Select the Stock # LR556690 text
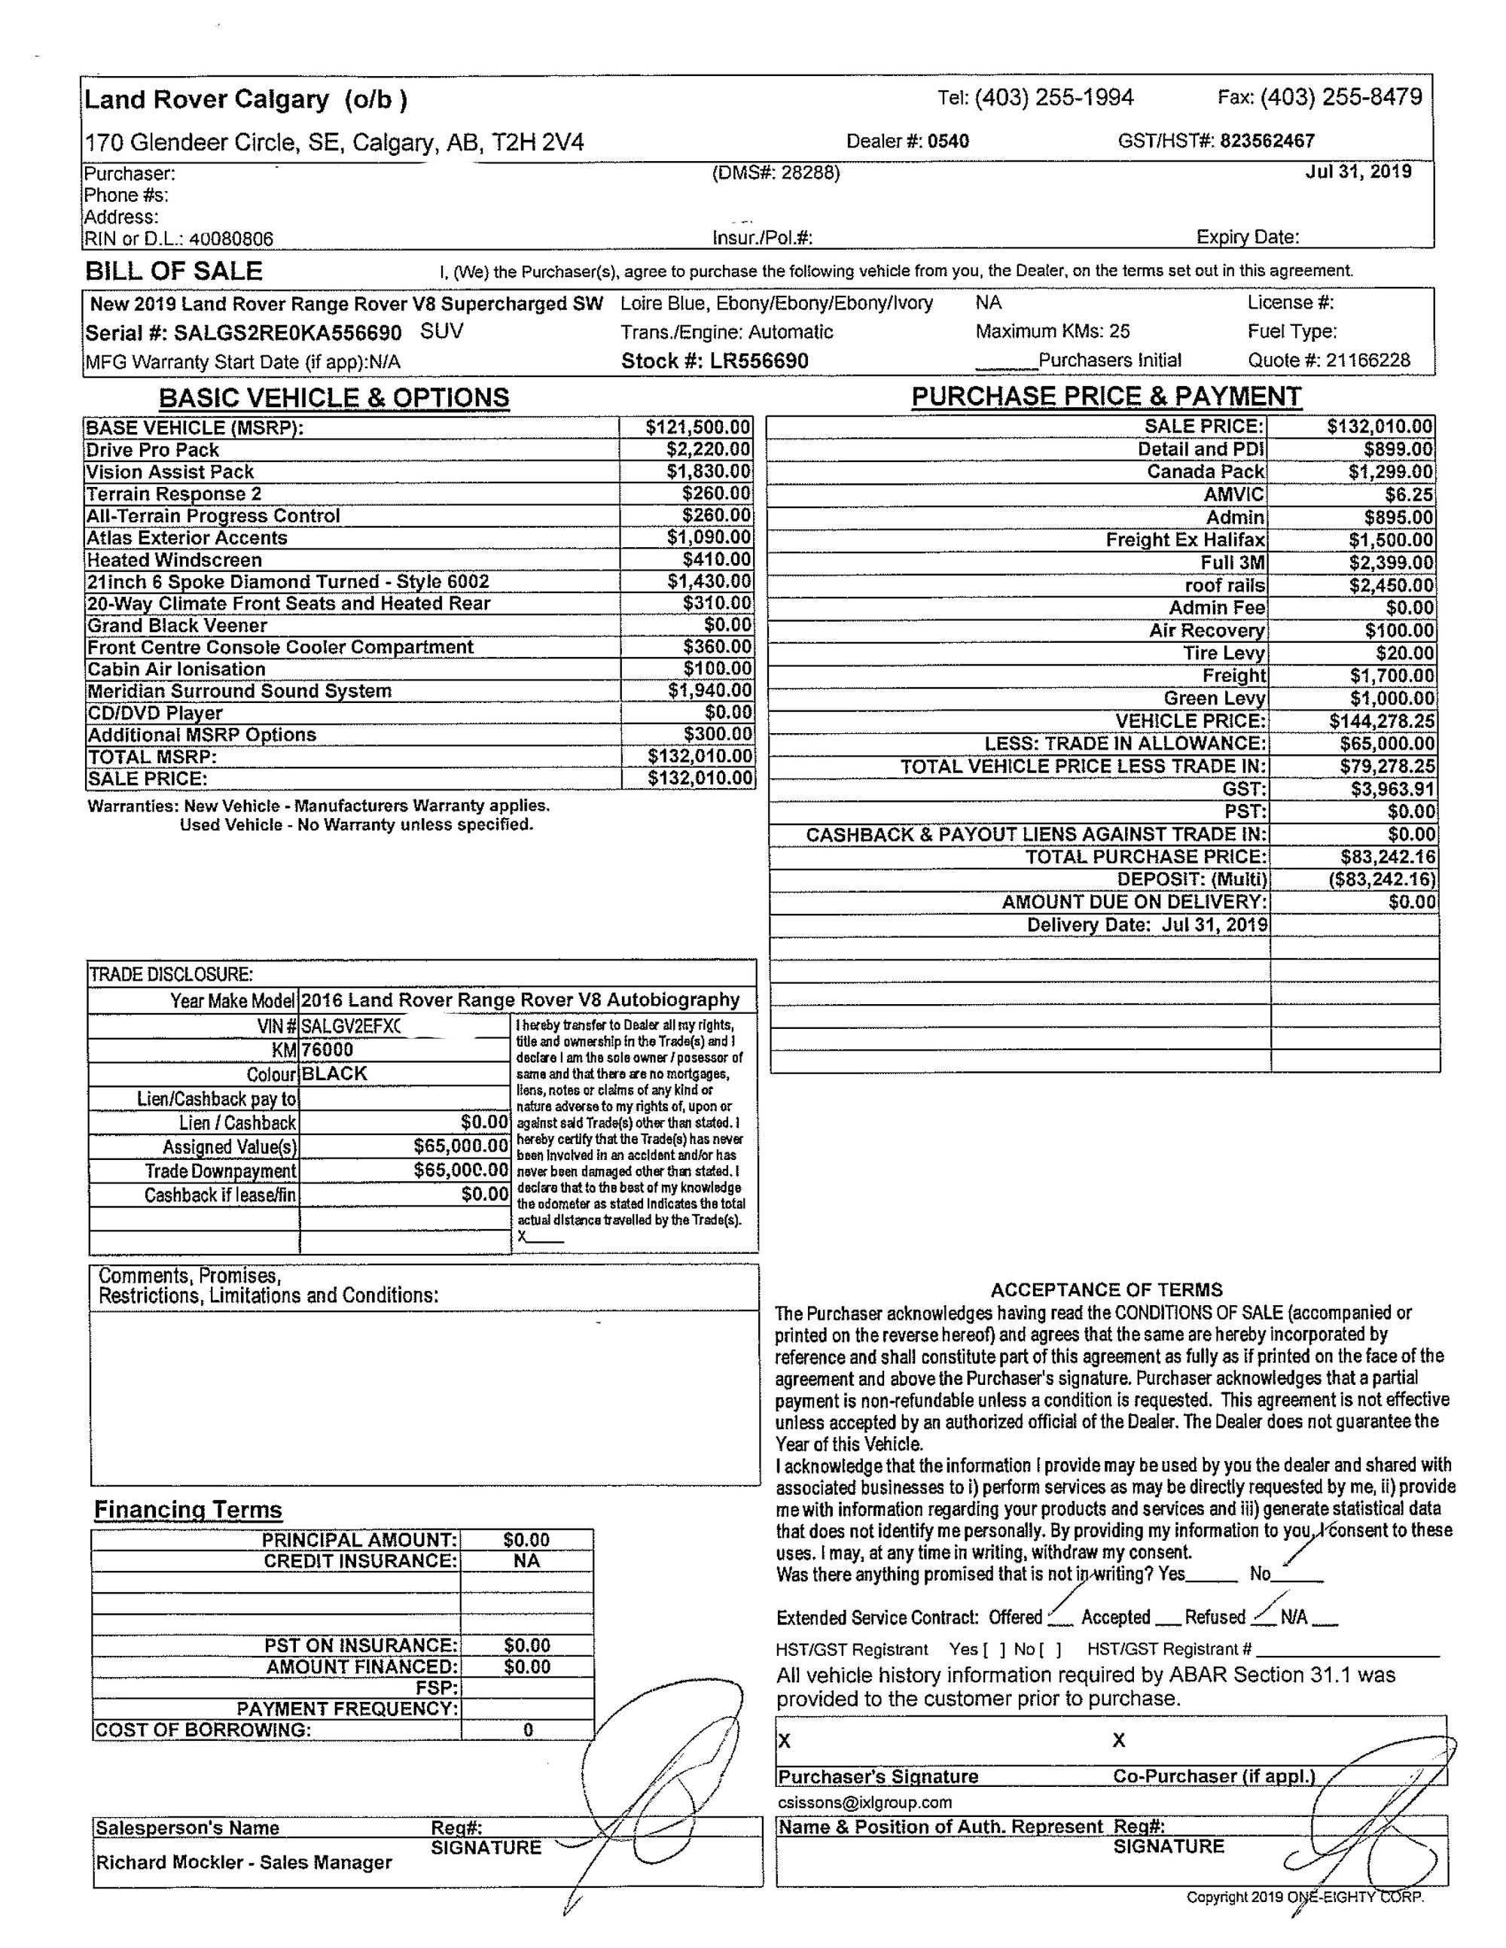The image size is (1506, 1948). point(715,361)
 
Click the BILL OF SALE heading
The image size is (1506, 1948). point(174,271)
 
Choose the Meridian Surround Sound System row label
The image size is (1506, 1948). point(239,691)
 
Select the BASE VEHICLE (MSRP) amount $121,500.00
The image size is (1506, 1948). point(698,428)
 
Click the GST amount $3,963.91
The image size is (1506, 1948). point(1391,790)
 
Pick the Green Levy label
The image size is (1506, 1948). point(1215,699)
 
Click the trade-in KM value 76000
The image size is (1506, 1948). point(328,1050)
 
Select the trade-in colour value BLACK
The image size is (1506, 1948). point(334,1074)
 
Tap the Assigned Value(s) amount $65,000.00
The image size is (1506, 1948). point(460,1146)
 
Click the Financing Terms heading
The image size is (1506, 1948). point(188,1510)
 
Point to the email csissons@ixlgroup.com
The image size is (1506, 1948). point(864,1803)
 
